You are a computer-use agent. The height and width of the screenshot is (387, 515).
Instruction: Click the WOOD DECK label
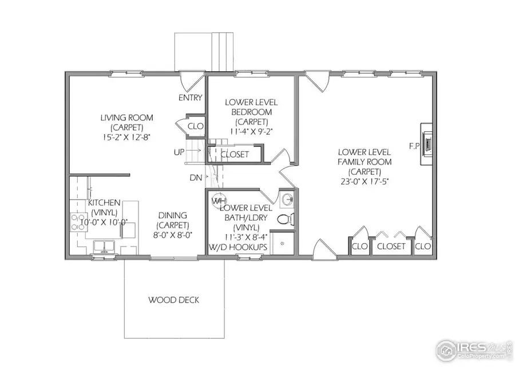click(174, 300)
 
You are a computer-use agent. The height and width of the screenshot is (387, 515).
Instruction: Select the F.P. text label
click(414, 146)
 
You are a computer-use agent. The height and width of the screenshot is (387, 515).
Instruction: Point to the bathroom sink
click(286, 200)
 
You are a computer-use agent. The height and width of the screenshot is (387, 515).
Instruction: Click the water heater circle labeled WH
click(217, 201)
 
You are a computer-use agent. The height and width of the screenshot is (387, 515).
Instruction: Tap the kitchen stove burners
click(76, 222)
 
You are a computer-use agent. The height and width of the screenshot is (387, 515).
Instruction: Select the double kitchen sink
click(105, 247)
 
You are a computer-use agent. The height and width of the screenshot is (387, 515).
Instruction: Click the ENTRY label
click(190, 97)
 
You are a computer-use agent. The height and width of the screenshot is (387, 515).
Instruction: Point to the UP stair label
click(179, 152)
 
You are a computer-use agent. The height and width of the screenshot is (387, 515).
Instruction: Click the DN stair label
click(196, 178)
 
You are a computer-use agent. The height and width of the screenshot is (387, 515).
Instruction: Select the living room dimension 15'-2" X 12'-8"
click(127, 137)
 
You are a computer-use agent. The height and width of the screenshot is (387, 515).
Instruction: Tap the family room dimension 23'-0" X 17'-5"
click(364, 181)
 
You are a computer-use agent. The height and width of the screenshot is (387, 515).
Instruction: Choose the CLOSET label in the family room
click(392, 247)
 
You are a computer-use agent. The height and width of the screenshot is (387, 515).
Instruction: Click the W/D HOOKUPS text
click(238, 247)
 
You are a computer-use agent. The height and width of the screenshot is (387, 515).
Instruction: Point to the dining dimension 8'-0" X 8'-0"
click(173, 234)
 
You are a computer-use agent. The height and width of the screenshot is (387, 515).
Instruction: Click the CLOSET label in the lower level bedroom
click(235, 154)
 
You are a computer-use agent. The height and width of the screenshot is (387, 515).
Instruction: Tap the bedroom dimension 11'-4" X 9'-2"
click(251, 131)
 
